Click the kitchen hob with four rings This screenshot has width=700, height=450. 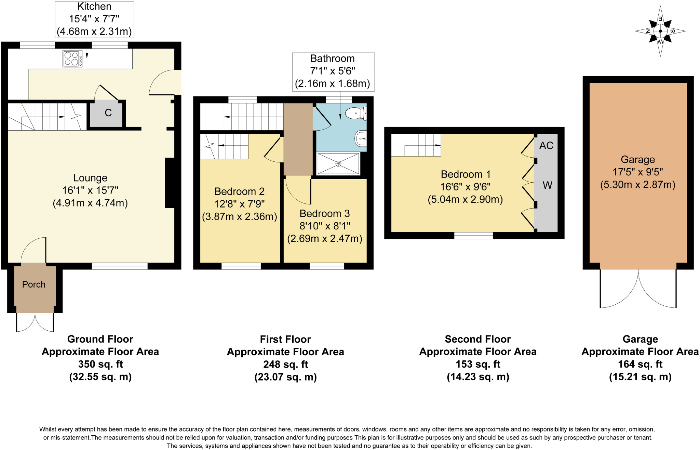72,59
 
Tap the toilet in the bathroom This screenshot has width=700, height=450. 356,113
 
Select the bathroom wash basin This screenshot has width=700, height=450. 361,138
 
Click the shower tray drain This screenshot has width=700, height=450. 338,164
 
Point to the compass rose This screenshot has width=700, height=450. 660,31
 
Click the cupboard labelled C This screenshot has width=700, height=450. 106,113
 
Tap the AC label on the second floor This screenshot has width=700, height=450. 546,146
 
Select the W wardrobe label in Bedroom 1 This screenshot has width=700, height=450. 547,185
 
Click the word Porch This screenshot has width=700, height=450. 34,284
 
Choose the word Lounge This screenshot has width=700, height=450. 90,178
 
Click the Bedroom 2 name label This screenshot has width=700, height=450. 239,191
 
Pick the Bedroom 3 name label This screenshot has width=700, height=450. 325,214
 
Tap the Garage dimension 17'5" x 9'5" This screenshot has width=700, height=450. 638,172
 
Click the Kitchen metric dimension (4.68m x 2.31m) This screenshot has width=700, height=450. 94,31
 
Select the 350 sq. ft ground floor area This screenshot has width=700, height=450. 100,364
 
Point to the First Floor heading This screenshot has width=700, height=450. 285,339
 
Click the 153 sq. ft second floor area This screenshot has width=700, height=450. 478,364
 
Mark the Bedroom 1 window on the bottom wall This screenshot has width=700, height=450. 474,236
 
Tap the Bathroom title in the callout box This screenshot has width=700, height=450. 333,58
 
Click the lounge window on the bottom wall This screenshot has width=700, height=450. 120,266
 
